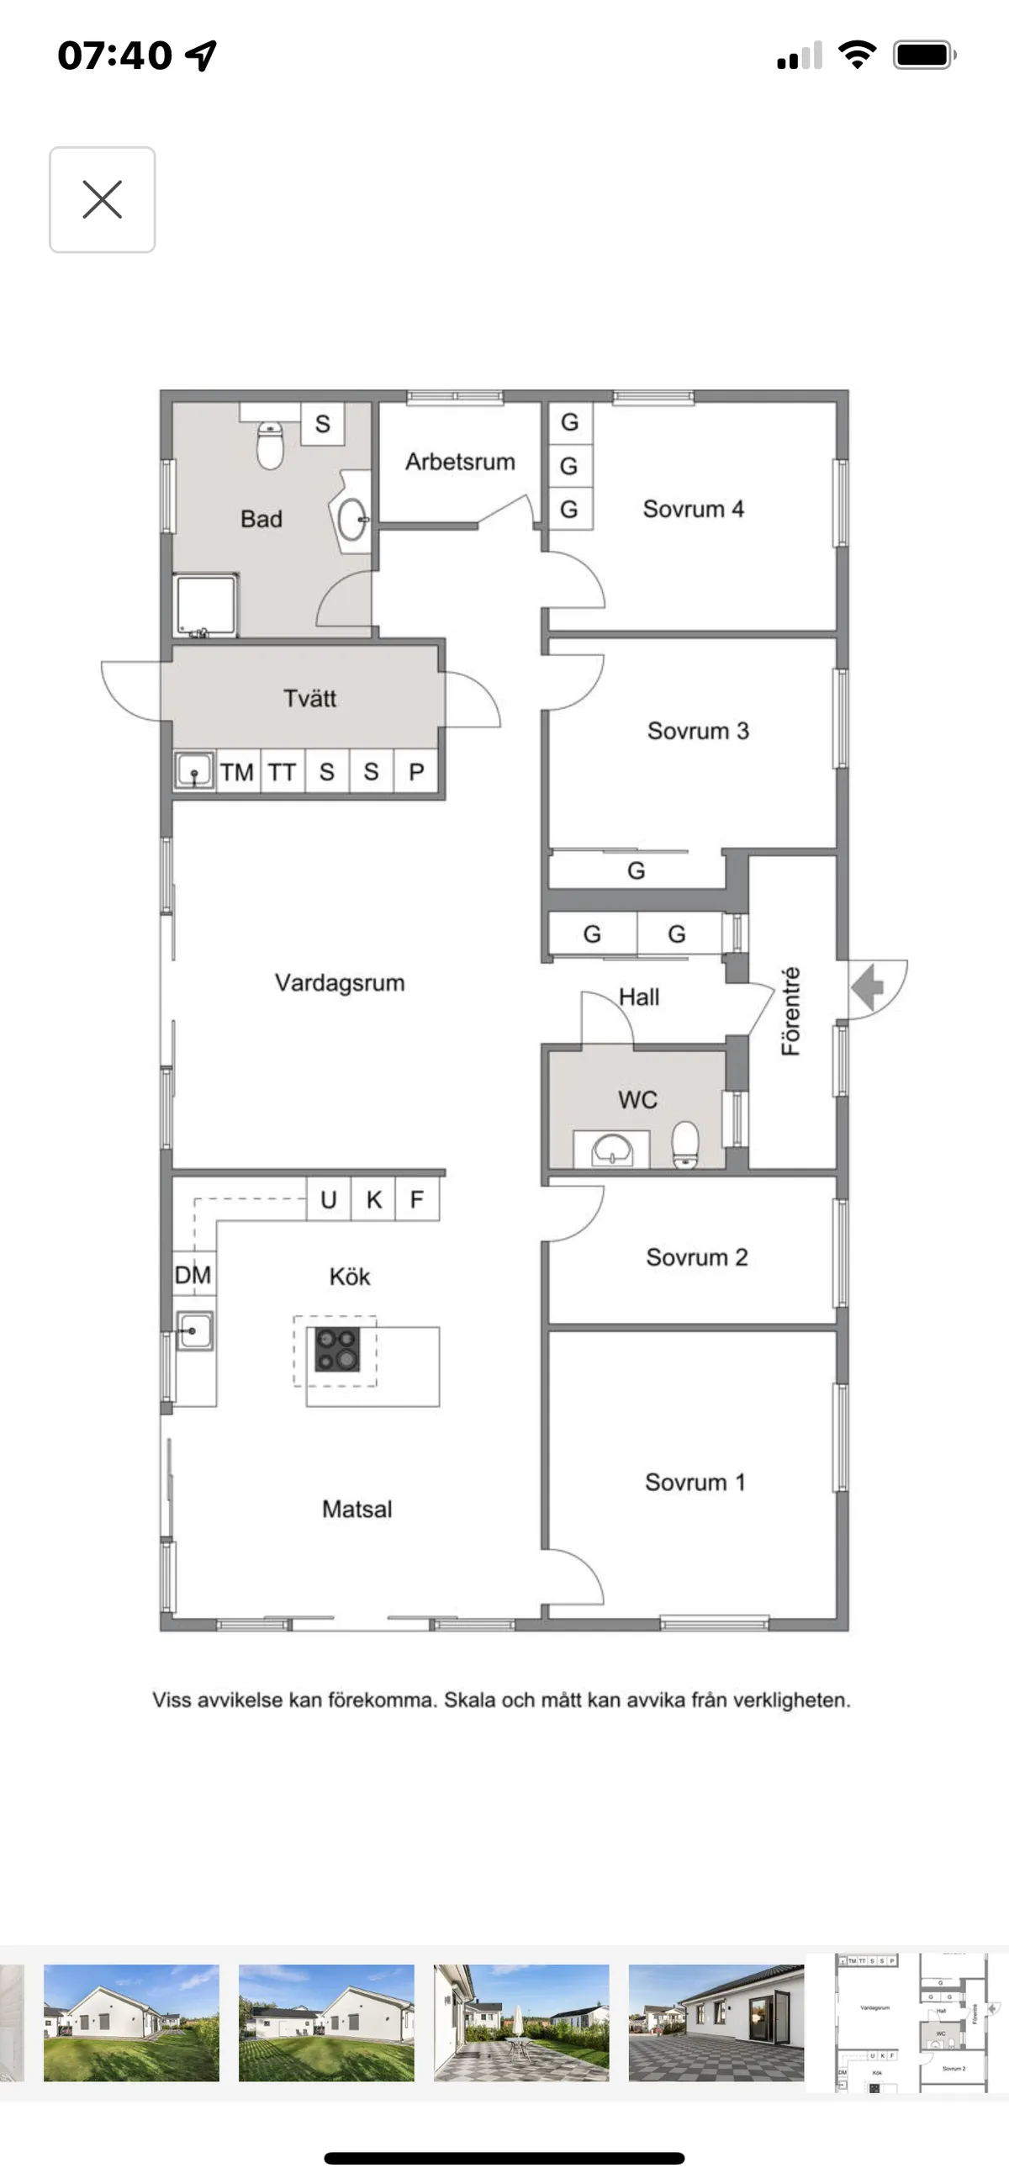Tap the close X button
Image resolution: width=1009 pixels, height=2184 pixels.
pos(102,200)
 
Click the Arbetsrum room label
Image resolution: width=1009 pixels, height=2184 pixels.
pos(460,462)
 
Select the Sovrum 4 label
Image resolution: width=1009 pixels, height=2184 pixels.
pos(693,509)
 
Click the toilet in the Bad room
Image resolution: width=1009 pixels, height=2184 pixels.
pos(270,444)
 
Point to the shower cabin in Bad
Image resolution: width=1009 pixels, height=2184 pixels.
pos(205,605)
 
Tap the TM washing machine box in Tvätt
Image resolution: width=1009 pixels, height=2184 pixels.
pos(237,772)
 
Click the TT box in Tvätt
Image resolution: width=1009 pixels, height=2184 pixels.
pos(283,772)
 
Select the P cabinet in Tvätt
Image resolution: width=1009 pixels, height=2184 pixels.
pos(416,772)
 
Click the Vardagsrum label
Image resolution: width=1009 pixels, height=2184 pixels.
pos(339,982)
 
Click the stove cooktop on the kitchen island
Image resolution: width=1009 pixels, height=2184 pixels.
pos(336,1349)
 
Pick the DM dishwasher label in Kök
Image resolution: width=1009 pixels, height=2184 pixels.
pos(193,1274)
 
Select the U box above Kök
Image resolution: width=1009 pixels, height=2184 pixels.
pos(328,1200)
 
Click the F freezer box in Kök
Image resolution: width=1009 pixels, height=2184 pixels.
pos(416,1200)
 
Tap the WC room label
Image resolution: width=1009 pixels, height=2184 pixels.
pos(637,1100)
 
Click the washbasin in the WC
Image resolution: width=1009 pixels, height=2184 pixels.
pos(611,1150)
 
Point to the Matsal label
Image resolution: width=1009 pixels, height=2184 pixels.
pos(357,1510)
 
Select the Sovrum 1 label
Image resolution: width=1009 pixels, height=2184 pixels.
pos(695,1482)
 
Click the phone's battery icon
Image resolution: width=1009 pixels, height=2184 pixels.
pos(923,56)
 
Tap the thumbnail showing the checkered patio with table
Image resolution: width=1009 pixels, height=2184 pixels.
pos(520,2022)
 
